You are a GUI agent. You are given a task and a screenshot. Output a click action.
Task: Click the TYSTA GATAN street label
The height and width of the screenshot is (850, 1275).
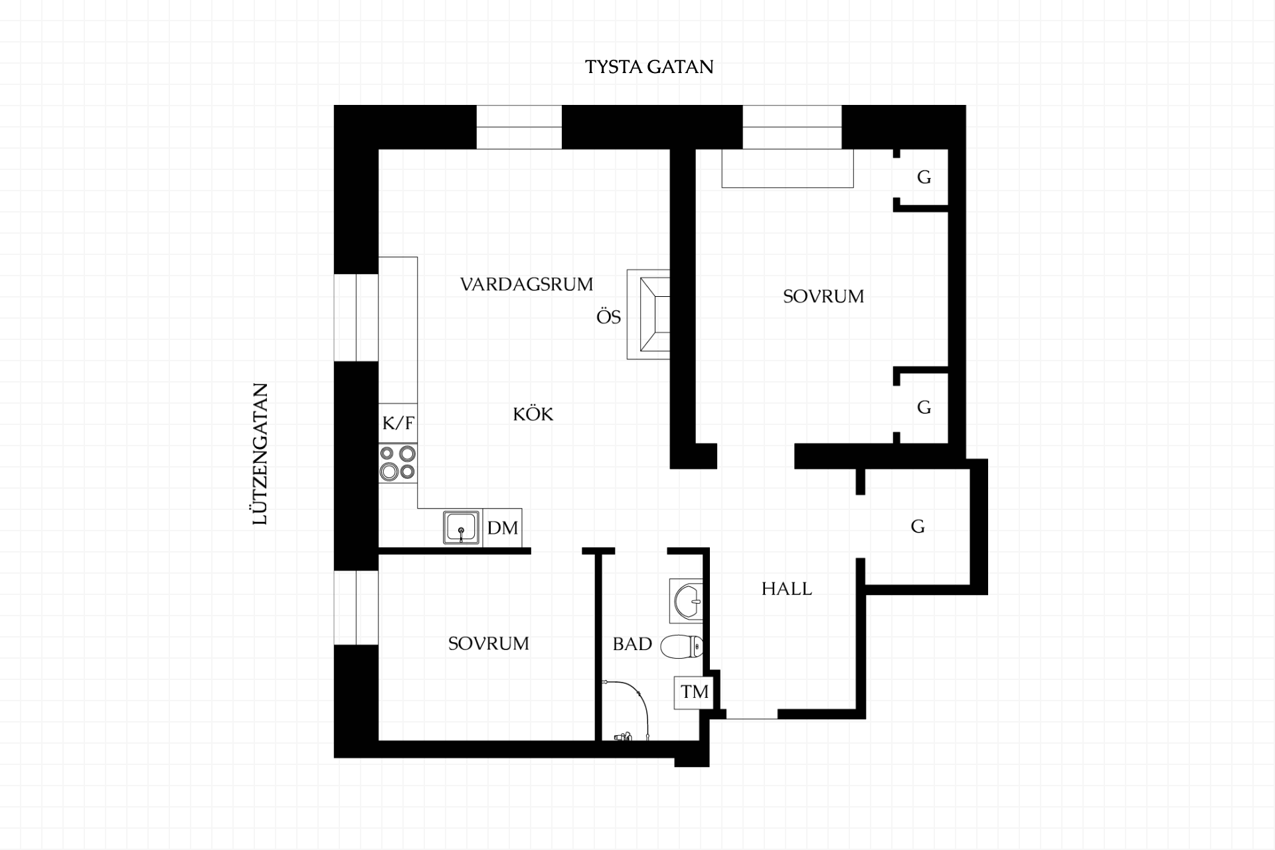[x=649, y=67]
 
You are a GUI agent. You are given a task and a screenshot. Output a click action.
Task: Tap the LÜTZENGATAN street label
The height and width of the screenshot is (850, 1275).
[x=260, y=454]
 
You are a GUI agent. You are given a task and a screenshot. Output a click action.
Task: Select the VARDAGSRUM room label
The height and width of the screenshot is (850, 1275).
[x=527, y=284]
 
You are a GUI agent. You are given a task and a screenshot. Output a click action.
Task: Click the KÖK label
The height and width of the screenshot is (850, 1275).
[x=533, y=414]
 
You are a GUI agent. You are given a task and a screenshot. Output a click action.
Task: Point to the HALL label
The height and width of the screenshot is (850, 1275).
[x=786, y=589]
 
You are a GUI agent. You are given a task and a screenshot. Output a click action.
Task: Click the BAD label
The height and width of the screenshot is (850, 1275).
[x=632, y=643]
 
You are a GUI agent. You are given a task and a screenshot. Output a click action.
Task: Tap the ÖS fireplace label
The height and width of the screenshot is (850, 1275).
[x=608, y=317]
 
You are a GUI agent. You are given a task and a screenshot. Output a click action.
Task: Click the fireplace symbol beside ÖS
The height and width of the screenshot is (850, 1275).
[x=648, y=315]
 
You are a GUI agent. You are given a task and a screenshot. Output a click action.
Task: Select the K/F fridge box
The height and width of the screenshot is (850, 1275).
[x=398, y=423]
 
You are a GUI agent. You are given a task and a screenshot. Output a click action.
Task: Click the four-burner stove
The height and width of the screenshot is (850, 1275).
[x=398, y=463]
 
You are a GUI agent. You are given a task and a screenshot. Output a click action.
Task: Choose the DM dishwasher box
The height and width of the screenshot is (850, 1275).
[x=503, y=528]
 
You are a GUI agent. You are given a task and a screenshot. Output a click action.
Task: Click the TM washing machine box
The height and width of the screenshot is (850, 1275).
[x=694, y=692]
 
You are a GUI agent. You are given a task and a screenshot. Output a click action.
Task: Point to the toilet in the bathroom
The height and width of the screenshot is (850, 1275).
[x=682, y=646]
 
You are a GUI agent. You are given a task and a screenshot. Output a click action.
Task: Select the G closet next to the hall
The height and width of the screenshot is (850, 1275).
[x=918, y=527]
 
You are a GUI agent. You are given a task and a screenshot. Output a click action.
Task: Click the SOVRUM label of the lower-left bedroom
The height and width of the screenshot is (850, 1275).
[x=489, y=643]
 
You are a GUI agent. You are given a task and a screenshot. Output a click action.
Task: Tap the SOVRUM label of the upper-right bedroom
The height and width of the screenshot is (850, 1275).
[x=823, y=296]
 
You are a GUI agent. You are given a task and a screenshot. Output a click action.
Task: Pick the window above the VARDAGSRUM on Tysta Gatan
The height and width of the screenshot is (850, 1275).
[x=519, y=127]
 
